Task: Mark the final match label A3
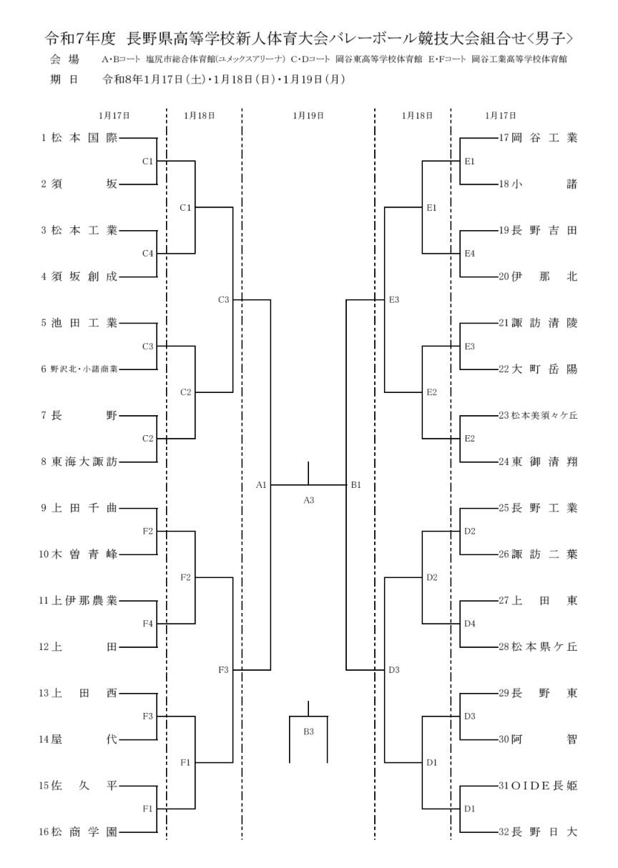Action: (308, 500)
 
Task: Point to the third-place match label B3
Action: (308, 731)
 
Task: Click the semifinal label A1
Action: (261, 485)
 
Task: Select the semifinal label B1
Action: (355, 485)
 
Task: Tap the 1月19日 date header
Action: (308, 114)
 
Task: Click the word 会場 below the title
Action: (64, 59)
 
